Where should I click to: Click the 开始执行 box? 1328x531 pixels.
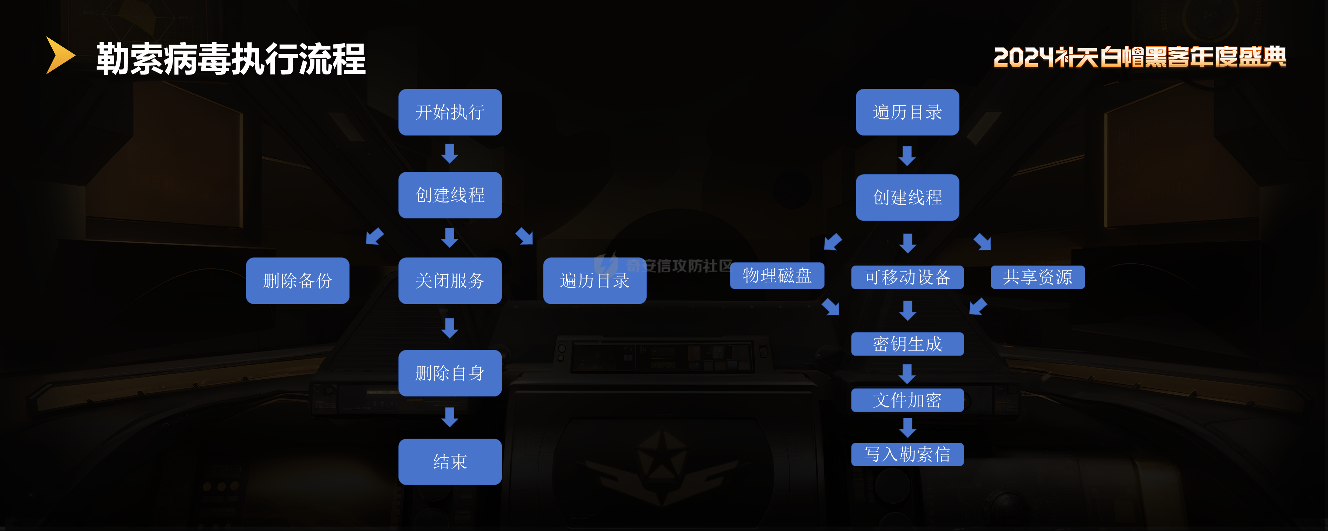(450, 112)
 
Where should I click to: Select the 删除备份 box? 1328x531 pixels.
(298, 281)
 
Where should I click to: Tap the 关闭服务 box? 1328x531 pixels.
(450, 281)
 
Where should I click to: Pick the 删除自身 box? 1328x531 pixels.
(450, 373)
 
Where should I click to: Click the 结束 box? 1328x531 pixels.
(450, 461)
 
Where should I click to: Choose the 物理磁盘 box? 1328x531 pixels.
(777, 276)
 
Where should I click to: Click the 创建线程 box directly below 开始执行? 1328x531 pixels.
(450, 195)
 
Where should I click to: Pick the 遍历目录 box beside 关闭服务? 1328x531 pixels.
(594, 281)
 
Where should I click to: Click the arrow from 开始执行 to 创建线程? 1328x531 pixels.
(450, 153)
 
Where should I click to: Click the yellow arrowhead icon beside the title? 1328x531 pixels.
(60, 55)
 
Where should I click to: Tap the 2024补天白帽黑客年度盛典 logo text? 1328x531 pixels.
(1139, 57)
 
